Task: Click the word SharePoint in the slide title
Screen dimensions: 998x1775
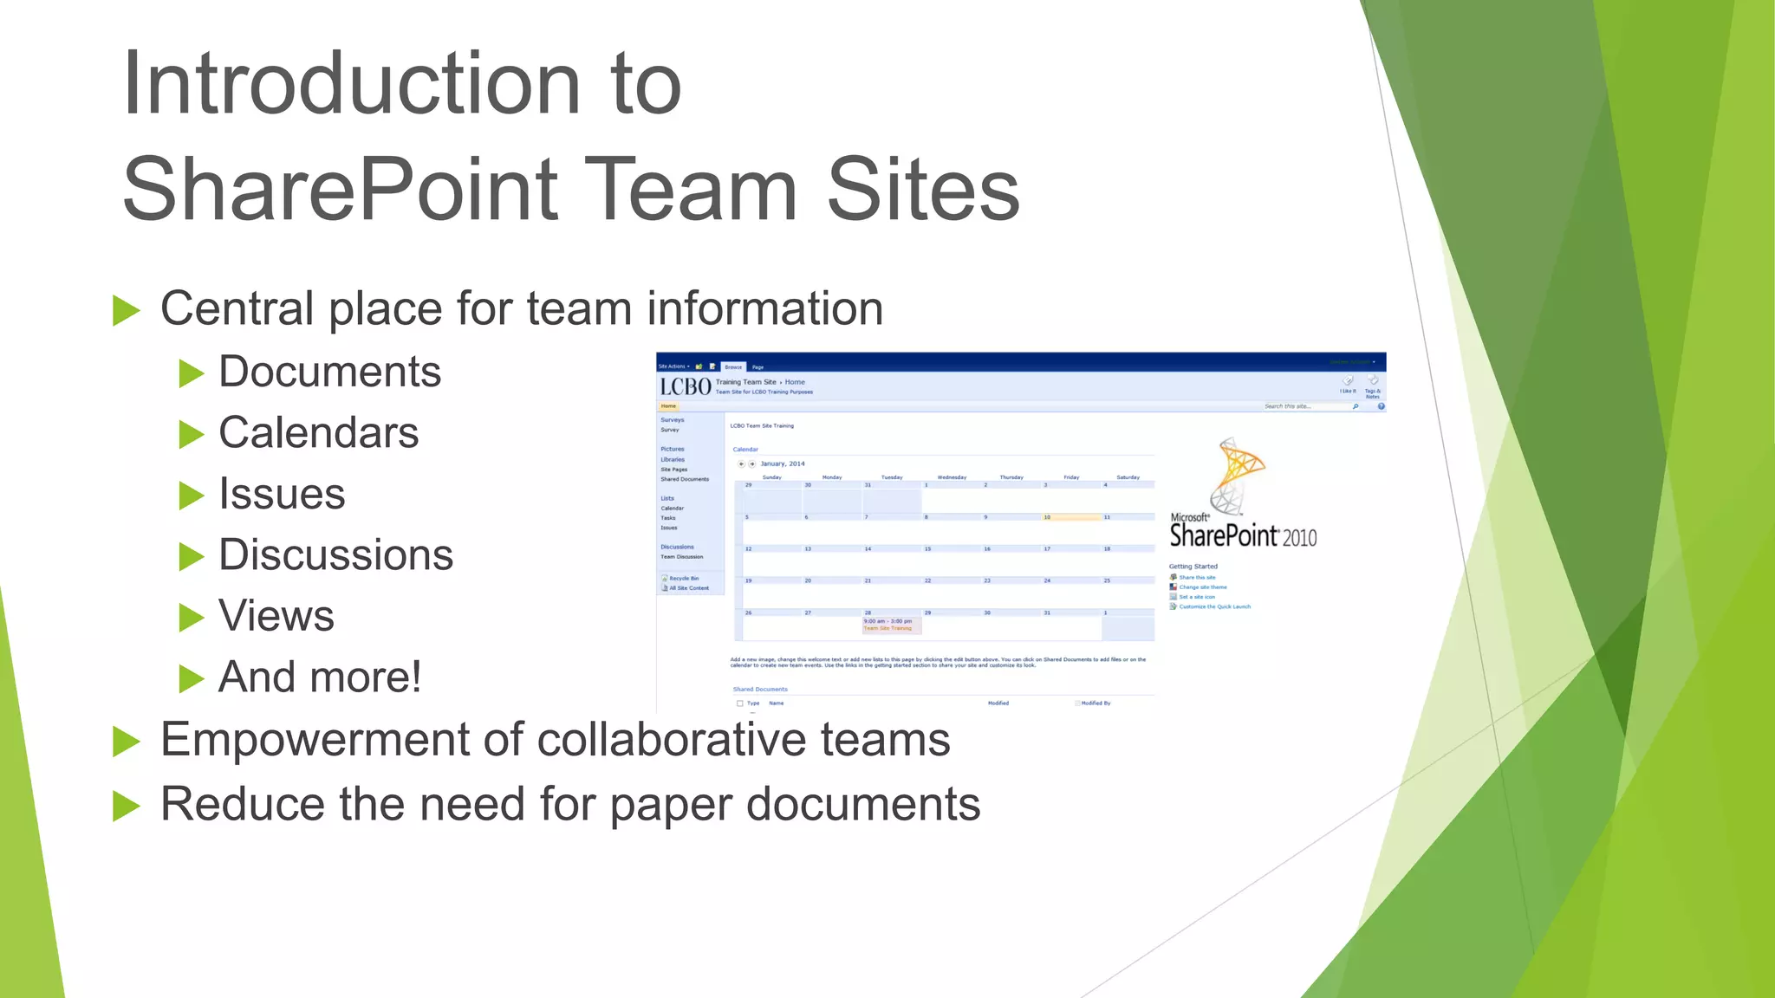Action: tap(341, 189)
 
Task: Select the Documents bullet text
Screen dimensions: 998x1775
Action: tap(329, 372)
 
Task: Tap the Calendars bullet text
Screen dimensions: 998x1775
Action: tap(318, 432)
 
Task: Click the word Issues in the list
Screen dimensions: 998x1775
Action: tap(282, 494)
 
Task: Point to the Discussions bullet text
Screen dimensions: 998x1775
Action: tap(335, 554)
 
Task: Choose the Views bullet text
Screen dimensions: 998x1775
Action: tap(276, 616)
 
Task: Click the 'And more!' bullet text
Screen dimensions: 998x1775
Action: tap(319, 677)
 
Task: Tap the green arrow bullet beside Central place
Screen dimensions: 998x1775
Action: tap(127, 310)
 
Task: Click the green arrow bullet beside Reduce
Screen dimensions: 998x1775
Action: tap(127, 806)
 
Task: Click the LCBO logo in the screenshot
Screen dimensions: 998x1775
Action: tap(685, 386)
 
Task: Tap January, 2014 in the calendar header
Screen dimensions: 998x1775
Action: tap(783, 463)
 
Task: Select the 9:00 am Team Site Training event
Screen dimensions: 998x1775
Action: tap(888, 625)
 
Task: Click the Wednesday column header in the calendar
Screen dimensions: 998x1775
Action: tap(952, 477)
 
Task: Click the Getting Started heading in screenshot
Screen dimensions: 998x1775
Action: tap(1193, 567)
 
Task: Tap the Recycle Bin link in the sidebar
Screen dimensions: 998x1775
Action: tap(684, 578)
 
